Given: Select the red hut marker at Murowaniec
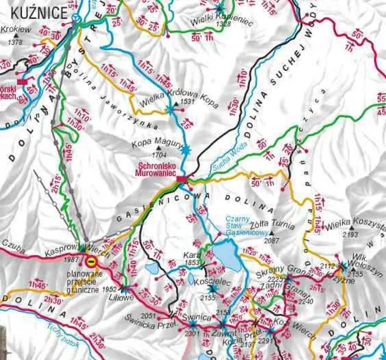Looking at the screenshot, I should pos(182,178).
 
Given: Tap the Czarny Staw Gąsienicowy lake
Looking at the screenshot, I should pos(226,254).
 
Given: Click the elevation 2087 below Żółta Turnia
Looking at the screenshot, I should pos(271,240).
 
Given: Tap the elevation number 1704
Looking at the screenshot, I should pos(159,153).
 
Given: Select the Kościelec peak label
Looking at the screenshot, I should pos(210,279).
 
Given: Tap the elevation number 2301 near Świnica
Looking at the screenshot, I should pos(192,334).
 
